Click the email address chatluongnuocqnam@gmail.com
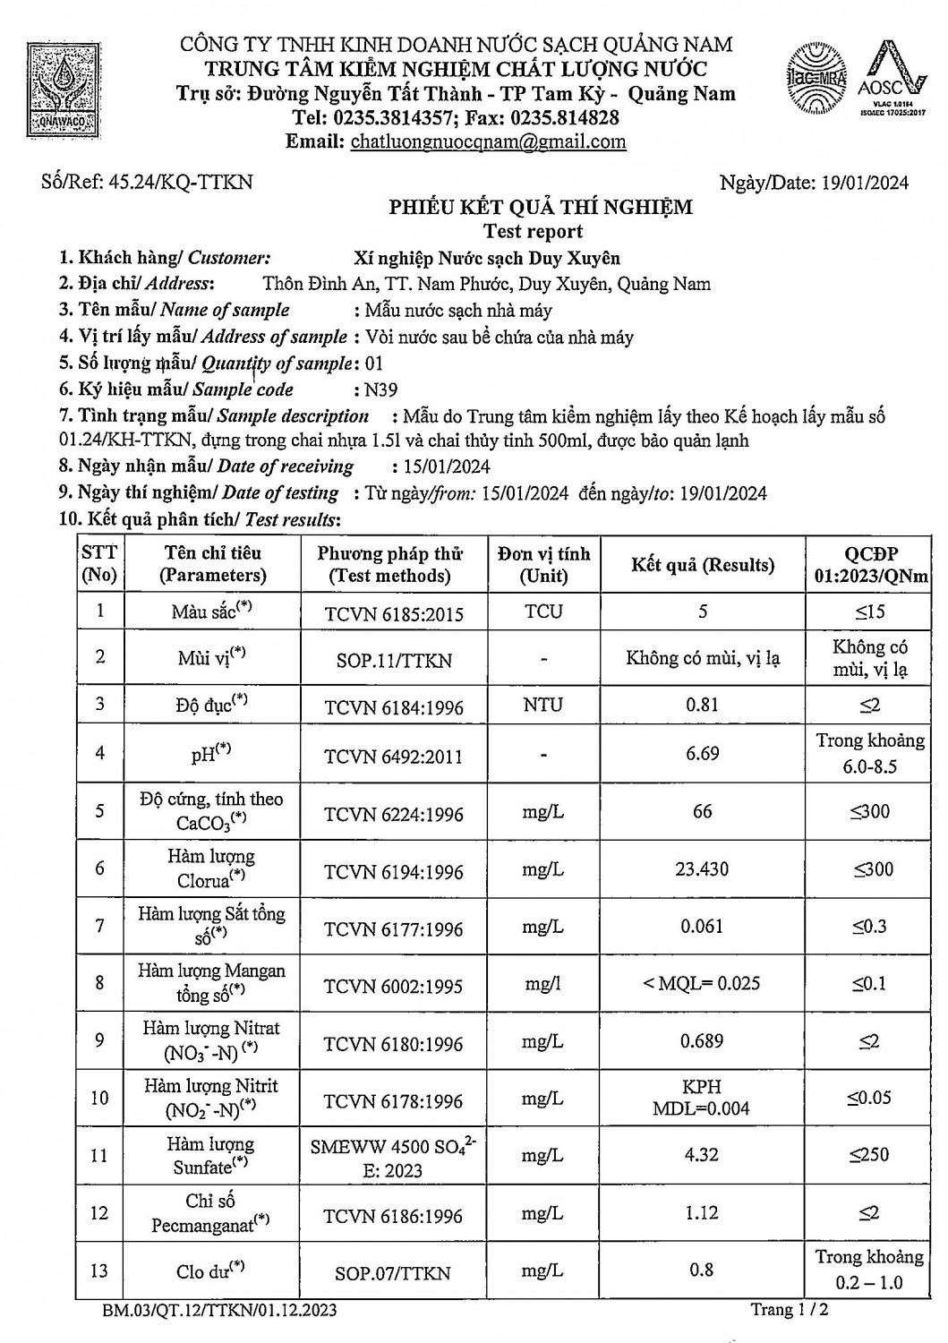coord(488,141)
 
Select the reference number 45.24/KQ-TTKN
coord(179,183)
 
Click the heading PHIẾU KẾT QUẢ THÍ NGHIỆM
coord(541,208)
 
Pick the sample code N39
coord(377,389)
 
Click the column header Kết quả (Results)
coord(703,565)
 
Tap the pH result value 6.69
coord(703,753)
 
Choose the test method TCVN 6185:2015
coord(394,613)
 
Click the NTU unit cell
coord(543,705)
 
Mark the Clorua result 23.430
coord(703,868)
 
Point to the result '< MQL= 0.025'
coord(703,983)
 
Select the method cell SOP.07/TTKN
coord(394,1272)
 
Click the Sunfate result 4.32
coord(702,1155)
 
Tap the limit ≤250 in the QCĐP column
coord(869,1155)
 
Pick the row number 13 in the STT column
coord(99,1270)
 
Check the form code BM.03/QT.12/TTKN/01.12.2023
coord(219,1311)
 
